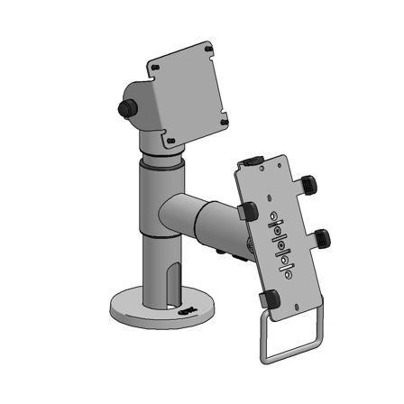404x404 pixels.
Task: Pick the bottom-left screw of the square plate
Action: (169, 142)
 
